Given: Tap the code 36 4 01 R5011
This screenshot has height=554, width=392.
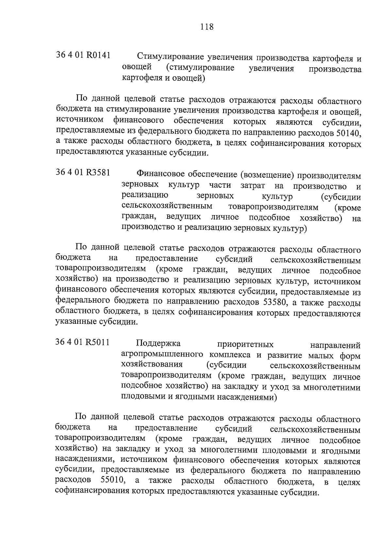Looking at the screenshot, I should (83, 342).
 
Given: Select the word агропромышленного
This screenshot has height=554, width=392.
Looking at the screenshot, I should (158, 355).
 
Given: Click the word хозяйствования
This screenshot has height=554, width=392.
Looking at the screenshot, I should (152, 365).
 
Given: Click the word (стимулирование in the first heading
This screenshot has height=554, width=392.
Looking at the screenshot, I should (200, 68).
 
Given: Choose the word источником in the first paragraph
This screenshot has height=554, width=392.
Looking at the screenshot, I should (79, 121).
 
